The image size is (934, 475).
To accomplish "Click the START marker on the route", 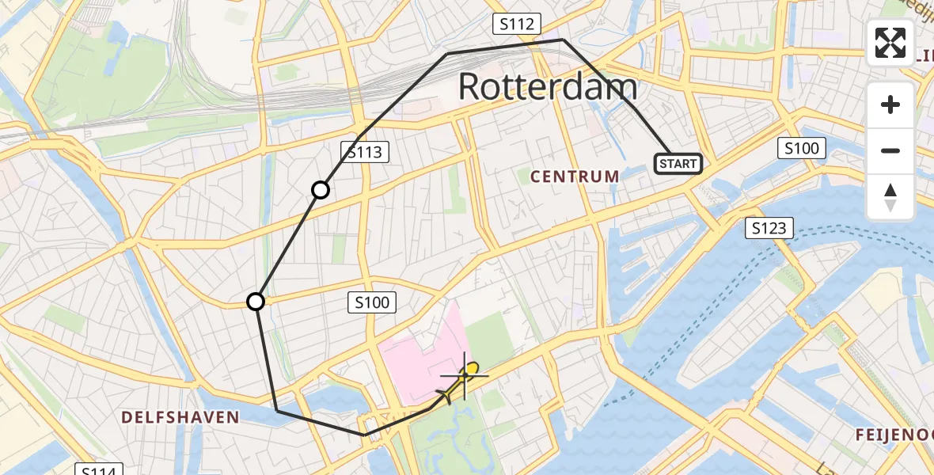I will click(x=678, y=164).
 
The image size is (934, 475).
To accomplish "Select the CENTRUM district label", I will click(x=575, y=176).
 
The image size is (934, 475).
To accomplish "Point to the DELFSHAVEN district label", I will click(x=180, y=416).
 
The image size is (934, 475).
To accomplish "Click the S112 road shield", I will click(x=516, y=25).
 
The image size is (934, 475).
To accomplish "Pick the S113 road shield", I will click(x=365, y=151).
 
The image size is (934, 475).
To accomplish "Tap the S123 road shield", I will click(x=769, y=229).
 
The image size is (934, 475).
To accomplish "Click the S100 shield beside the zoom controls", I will click(x=802, y=147).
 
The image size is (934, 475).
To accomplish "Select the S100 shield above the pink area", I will click(x=372, y=302).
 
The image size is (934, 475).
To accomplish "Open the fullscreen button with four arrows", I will click(x=890, y=43).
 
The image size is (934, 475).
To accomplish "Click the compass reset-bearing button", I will click(x=890, y=196).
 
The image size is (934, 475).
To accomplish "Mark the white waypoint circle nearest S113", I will click(x=321, y=190).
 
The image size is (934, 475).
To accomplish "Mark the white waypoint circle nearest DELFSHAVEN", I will click(x=256, y=302).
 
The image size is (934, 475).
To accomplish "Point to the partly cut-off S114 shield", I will click(x=100, y=470).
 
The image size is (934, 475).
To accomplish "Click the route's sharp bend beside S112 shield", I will click(x=563, y=39).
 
